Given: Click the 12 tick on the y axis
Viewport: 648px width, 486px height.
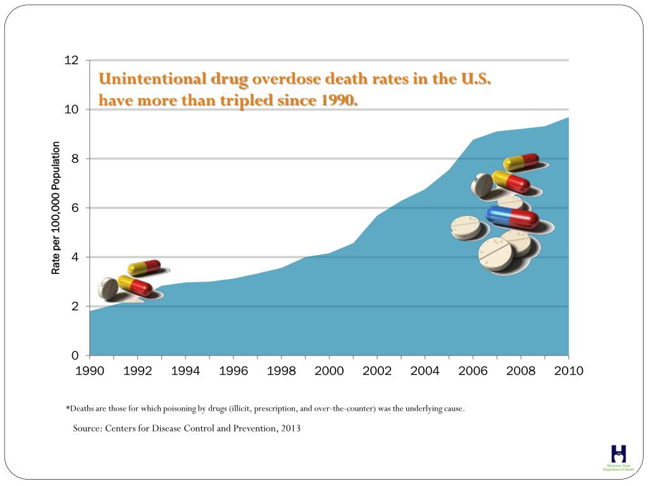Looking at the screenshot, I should coord(72,61).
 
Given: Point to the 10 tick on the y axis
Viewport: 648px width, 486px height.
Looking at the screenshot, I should coord(72,110).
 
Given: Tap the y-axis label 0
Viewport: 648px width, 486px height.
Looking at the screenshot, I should coord(75,356).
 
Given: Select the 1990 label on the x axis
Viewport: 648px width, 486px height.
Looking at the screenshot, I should coord(90,371).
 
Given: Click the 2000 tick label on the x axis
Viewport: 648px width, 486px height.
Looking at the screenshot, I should coord(329,371).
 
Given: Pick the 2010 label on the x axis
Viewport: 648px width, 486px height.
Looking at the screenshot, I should coord(568,371).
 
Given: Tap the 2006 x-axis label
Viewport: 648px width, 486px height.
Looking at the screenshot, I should coord(473,371).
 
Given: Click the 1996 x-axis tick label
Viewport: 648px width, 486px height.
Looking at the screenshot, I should coord(234,371).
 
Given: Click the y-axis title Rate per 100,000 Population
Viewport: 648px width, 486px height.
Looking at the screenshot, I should coord(56,208).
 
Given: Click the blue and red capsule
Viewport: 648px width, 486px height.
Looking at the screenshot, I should coord(513,217).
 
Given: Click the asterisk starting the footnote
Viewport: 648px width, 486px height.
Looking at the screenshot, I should coord(68,408).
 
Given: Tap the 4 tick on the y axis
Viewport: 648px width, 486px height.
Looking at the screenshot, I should coord(75,258).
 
